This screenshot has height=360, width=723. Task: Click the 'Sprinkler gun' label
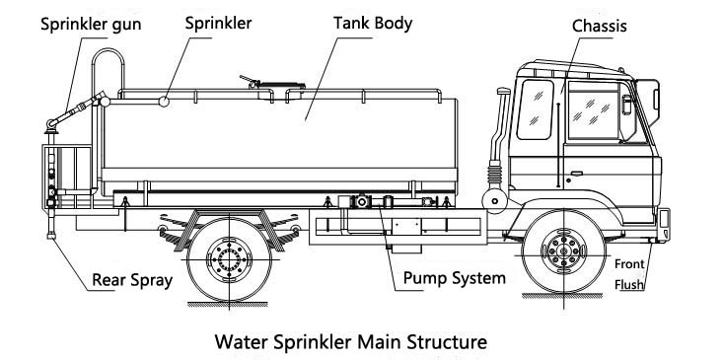pyautogui.click(x=91, y=24)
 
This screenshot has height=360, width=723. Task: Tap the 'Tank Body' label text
pyautogui.click(x=373, y=23)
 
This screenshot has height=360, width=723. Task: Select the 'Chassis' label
pyautogui.click(x=600, y=26)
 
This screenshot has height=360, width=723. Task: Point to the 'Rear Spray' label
pyautogui.click(x=132, y=280)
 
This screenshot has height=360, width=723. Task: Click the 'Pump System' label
pyautogui.click(x=454, y=278)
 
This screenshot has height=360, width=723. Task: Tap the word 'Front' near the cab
pyautogui.click(x=629, y=264)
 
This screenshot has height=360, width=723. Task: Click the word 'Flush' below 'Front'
pyautogui.click(x=629, y=285)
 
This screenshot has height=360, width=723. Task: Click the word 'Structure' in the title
pyautogui.click(x=447, y=342)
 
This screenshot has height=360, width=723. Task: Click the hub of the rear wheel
pyautogui.click(x=229, y=259)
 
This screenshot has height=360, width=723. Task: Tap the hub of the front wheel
pyautogui.click(x=563, y=252)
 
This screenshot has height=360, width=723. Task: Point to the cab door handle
pyautogui.click(x=576, y=174)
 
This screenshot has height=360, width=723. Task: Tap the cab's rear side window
pyautogui.click(x=535, y=109)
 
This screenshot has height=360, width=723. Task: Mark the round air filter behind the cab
pyautogui.click(x=495, y=200)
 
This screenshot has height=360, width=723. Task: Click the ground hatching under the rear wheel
pyautogui.click(x=228, y=304)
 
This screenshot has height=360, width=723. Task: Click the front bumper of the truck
pyautogui.click(x=664, y=225)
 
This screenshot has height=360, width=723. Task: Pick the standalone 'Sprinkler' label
pyautogui.click(x=218, y=23)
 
